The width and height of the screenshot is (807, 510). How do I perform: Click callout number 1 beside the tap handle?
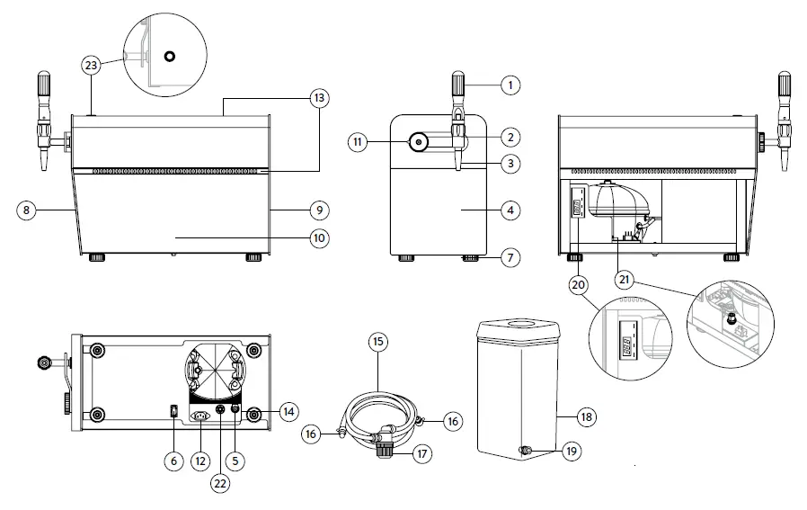(510, 85)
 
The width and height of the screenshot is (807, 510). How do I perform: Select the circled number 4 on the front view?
(510, 211)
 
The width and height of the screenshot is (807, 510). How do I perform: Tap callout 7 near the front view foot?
(510, 258)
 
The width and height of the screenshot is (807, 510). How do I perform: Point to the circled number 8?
(26, 210)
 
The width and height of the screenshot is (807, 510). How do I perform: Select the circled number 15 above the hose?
(378, 342)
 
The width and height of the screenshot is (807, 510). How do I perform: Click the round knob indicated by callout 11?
(419, 142)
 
